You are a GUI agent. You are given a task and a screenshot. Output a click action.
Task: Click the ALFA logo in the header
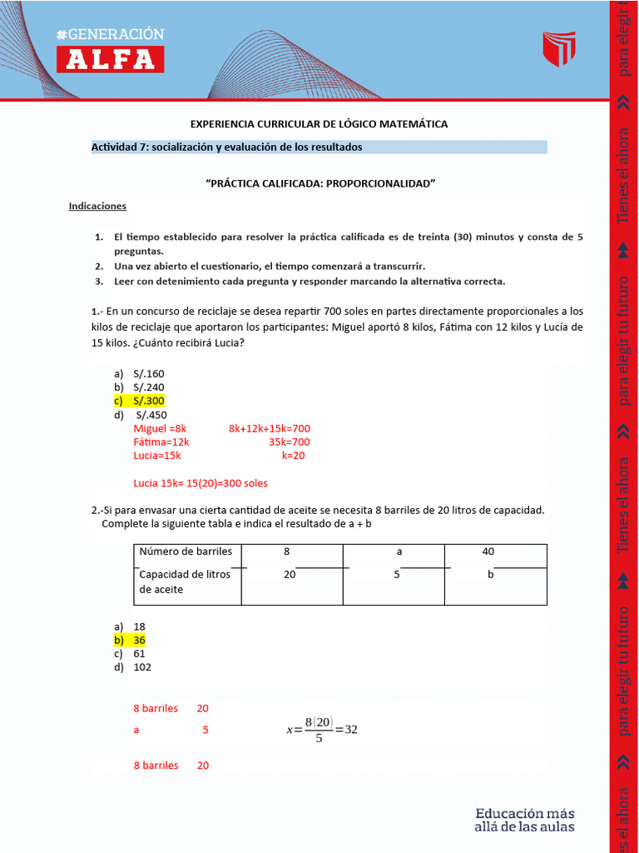[110, 59]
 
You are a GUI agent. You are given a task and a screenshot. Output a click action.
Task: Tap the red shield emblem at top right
[558, 49]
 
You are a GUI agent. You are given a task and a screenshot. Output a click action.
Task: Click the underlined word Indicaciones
[97, 205]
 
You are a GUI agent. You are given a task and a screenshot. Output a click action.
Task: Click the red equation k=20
[293, 456]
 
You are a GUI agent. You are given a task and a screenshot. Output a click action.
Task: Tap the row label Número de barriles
[186, 551]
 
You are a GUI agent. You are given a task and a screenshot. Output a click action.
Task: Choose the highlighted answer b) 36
[139, 640]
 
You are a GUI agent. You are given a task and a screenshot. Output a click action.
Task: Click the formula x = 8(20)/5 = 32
[321, 730]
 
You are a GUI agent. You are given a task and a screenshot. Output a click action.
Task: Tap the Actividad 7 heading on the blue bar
[226, 147]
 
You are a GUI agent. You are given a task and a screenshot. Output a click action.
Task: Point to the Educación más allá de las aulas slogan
[524, 820]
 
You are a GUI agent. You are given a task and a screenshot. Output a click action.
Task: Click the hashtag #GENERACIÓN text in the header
[110, 34]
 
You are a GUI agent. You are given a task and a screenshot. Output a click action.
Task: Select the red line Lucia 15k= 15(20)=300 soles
[201, 483]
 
